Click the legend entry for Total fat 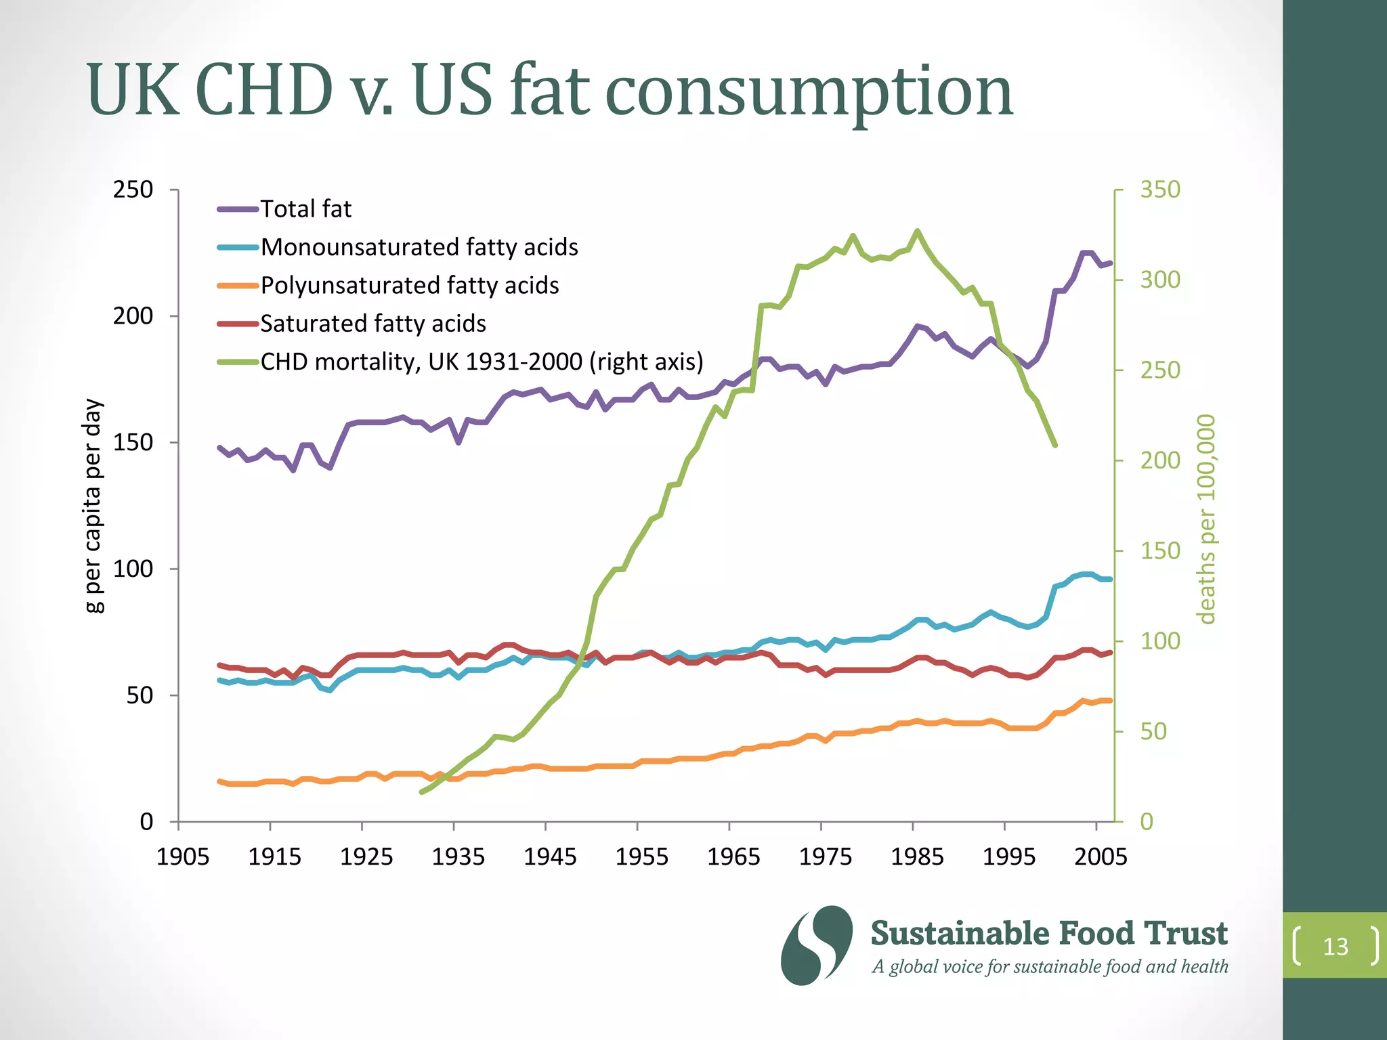(305, 209)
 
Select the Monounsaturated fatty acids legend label (419, 247)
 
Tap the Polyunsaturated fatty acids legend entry (409, 286)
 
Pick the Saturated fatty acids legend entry (372, 324)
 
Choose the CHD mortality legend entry (481, 362)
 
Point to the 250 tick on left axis (133, 190)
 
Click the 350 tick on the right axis (1159, 190)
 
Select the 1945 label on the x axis (550, 857)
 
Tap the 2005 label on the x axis (1101, 857)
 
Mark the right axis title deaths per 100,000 (1206, 519)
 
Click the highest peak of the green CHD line (918, 231)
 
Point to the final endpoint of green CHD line (1055, 446)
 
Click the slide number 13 (1336, 947)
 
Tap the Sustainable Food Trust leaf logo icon (816, 945)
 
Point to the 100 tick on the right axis (1159, 641)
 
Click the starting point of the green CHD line (421, 792)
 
